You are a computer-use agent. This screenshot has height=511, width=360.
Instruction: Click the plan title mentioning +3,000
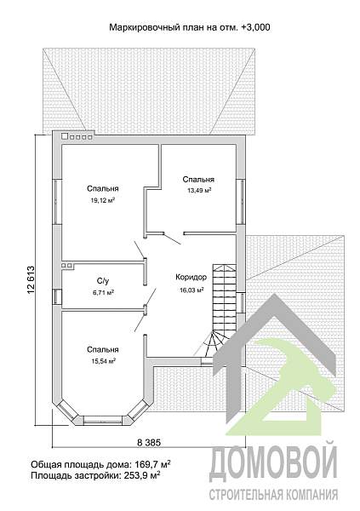point(189,27)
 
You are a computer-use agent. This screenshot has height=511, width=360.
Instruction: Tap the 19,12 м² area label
point(103,201)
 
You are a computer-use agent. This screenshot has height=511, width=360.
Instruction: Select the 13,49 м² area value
point(199,191)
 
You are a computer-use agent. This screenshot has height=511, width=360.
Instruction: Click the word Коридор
point(191,278)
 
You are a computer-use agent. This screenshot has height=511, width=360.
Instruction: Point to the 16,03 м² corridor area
point(191,290)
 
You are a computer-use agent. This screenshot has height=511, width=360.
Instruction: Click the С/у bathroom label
point(103,280)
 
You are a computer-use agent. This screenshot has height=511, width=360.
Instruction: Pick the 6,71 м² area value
point(103,293)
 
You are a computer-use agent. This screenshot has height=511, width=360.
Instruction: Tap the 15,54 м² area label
point(103,361)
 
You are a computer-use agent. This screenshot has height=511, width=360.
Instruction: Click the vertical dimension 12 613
point(31,280)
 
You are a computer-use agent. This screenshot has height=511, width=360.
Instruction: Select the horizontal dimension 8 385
point(149,443)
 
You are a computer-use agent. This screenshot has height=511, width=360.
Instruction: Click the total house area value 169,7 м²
point(152,464)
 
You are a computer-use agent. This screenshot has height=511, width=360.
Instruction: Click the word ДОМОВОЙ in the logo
point(273,463)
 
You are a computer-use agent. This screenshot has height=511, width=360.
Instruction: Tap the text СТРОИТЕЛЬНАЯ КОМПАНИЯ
point(273,495)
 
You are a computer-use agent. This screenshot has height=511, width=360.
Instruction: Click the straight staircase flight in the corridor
point(224,297)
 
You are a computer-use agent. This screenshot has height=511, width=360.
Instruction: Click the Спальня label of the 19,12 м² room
point(103,189)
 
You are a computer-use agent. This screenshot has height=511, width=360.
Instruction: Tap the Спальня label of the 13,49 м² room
point(198,179)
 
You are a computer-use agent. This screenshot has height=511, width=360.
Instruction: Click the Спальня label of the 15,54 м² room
point(103,350)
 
